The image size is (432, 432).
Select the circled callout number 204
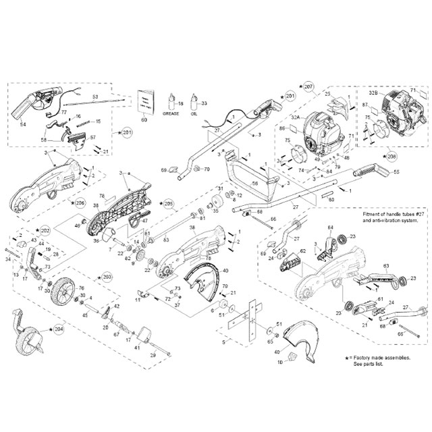59,330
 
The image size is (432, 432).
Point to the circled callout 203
107,277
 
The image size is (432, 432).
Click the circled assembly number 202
45,231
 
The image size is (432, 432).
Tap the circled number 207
310,88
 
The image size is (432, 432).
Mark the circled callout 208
392,155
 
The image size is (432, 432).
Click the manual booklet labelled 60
144,102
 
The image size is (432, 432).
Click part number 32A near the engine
294,116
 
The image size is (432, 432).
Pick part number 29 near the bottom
153,354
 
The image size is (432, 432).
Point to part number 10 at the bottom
278,362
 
